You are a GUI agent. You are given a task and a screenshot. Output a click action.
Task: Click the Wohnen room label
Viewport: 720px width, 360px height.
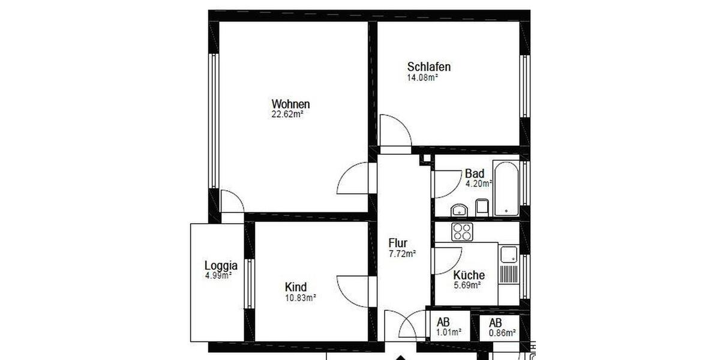click(x=290, y=104)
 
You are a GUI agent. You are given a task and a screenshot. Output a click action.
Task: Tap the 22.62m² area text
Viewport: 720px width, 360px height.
click(x=287, y=115)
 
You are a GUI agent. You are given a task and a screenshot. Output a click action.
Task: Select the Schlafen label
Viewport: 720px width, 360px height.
click(x=428, y=67)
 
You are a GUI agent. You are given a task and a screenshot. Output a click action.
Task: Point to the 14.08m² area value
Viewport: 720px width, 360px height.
click(x=422, y=77)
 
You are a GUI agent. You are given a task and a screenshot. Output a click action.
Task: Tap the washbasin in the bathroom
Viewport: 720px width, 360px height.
click(x=460, y=210)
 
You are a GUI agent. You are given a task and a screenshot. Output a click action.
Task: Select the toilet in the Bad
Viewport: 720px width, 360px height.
click(x=482, y=208)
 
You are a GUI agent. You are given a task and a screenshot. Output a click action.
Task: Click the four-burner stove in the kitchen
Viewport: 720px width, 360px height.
click(x=463, y=232)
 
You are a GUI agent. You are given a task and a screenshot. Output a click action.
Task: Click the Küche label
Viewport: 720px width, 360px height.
click(x=469, y=275)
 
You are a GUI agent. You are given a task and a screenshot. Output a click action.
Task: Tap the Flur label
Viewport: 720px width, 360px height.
click(x=398, y=243)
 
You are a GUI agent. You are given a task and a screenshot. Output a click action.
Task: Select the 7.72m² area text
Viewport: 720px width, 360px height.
click(x=402, y=253)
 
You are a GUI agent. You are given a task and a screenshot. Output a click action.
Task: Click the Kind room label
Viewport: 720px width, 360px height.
click(x=296, y=287)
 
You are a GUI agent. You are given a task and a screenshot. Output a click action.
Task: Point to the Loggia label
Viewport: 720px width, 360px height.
click(x=221, y=265)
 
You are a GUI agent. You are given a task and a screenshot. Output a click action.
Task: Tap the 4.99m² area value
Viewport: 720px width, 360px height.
click(x=218, y=275)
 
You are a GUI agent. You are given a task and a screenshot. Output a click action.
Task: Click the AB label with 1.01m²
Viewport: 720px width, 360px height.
click(x=443, y=322)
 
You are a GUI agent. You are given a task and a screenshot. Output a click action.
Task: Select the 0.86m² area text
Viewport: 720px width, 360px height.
click(x=503, y=333)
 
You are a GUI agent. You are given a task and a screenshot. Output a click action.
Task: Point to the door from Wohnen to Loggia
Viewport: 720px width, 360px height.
click(x=232, y=202)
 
